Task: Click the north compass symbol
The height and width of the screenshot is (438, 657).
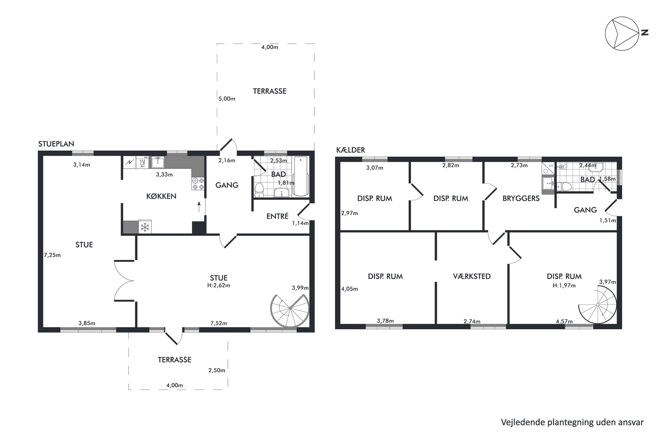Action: point(622,34)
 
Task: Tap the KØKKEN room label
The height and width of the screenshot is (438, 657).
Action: point(161,196)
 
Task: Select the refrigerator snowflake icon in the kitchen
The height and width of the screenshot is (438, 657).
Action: point(145,227)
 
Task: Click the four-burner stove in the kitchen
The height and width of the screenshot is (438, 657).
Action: point(198,184)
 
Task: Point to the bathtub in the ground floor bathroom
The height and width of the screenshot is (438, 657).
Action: point(301,176)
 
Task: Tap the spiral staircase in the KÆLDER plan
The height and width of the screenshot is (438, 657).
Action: point(598,305)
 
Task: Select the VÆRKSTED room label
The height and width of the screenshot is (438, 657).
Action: point(472,276)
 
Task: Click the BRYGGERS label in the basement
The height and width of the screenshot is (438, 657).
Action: point(521,198)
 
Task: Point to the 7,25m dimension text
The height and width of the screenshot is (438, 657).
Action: point(52,255)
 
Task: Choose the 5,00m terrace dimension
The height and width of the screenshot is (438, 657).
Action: point(227,99)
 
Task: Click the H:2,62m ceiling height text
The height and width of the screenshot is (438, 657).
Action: point(219,285)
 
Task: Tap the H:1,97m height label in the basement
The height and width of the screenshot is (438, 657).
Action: point(564,285)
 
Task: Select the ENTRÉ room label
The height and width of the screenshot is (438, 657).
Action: point(278,216)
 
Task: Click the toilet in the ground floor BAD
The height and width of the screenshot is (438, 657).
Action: point(259,190)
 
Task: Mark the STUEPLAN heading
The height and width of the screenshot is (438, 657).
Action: point(56,144)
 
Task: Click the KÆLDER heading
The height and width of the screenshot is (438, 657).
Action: point(351,150)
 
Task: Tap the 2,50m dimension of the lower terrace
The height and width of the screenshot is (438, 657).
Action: point(217,370)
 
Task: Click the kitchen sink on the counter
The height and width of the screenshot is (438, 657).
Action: point(158,162)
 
